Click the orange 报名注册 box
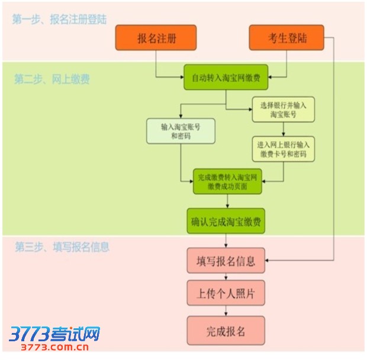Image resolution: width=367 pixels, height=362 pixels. coord(156,39)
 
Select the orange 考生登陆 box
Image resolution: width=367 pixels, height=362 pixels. coord(286,39)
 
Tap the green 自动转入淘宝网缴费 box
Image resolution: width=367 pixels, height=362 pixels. coord(226,78)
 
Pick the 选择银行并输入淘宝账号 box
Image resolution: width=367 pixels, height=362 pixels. coord(283,109)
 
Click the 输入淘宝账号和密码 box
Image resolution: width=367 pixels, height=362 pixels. coord(181,131)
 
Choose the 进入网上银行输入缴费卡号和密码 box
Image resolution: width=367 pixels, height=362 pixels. coord(283,149)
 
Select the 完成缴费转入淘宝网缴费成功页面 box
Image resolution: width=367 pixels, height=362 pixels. coord(226,181)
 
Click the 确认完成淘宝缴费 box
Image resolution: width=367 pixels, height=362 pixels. coord(226,222)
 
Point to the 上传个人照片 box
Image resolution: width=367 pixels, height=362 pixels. coord(226,293)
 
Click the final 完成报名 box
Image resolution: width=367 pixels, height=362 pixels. coord(226,331)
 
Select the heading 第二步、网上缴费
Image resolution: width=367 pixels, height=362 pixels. coord(52,79)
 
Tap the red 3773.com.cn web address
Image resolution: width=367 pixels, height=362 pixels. coord(54,347)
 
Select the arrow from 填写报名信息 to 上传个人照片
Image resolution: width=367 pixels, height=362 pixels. coord(226,276)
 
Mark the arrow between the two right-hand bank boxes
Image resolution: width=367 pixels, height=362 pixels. coord(283,129)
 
